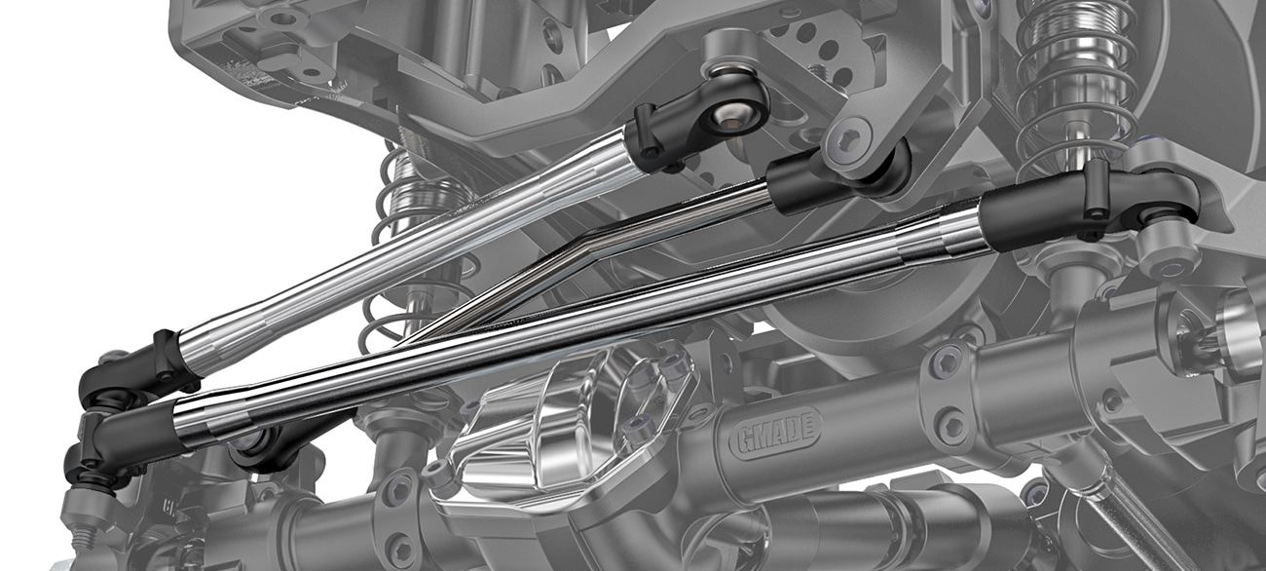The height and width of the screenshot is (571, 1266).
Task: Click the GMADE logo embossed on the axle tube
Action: [776, 433]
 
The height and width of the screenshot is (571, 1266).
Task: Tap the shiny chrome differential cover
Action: [565, 430]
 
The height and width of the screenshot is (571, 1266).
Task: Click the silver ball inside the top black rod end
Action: [726, 116]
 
